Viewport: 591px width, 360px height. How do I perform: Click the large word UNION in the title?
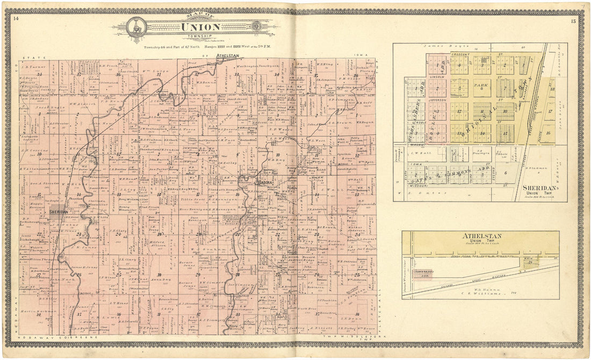pos(200,27)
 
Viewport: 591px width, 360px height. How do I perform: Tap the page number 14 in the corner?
pos(16,19)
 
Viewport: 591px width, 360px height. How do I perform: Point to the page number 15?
pos(574,20)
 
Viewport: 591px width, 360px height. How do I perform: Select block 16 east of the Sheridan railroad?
pos(549,132)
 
